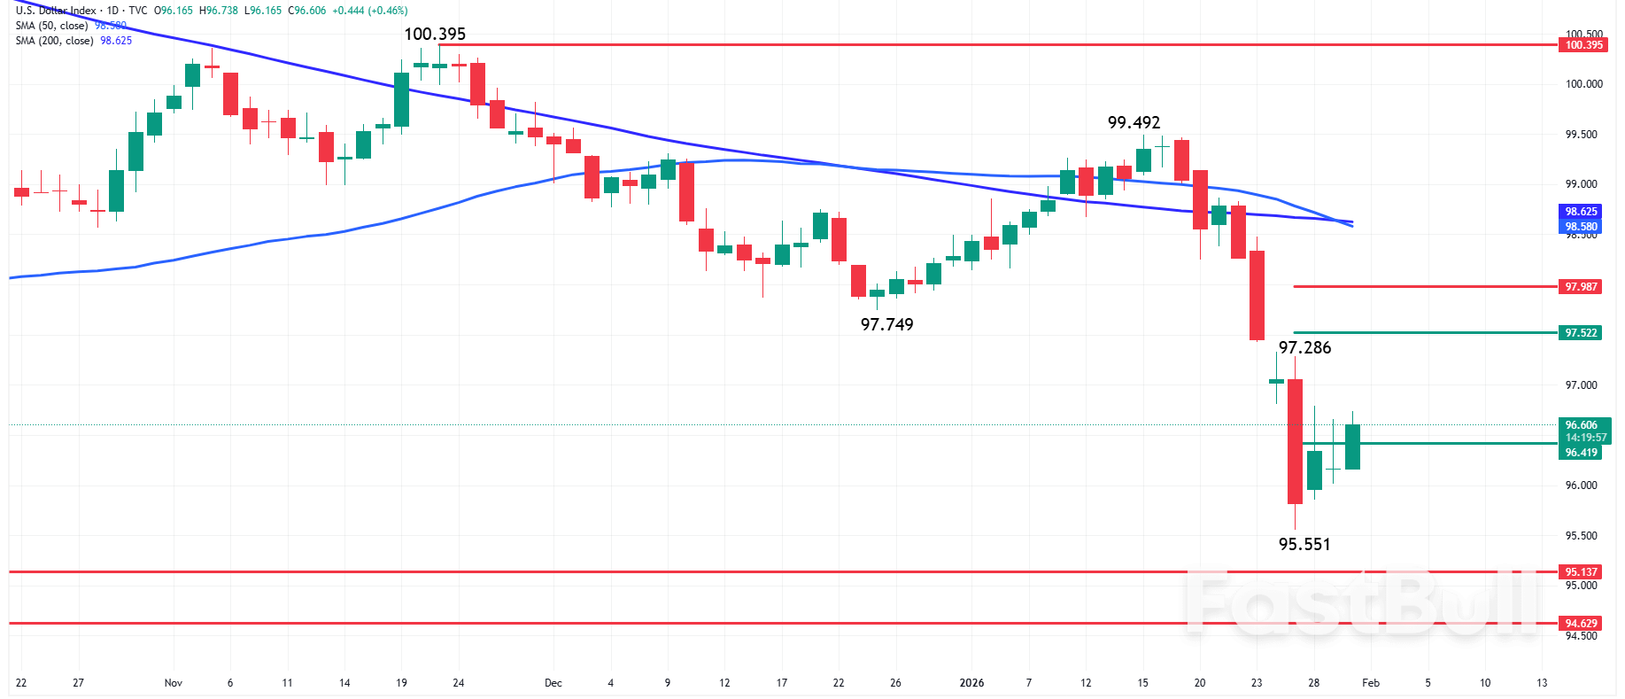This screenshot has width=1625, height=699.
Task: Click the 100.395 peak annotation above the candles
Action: [434, 35]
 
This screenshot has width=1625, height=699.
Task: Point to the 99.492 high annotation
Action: [1134, 123]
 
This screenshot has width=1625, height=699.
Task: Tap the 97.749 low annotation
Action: [886, 324]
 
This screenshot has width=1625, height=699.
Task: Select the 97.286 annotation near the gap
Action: [1304, 347]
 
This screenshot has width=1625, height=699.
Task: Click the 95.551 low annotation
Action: [1304, 544]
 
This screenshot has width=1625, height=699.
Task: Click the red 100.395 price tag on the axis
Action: [1583, 45]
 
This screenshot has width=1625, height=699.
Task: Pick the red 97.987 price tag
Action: [1581, 287]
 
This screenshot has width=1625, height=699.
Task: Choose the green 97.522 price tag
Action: [1581, 333]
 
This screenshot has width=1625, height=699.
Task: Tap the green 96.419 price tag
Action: [1581, 453]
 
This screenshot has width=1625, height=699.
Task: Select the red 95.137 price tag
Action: [1581, 572]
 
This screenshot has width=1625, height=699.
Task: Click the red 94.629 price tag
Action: [1581, 624]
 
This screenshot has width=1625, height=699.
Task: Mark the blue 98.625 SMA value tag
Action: [1581, 212]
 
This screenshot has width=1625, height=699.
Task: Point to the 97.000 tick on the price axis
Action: [1582, 385]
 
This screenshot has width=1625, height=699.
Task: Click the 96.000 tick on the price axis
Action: [1582, 485]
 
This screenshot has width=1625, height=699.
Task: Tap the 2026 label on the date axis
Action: [971, 683]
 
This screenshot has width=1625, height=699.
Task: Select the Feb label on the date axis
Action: [1370, 683]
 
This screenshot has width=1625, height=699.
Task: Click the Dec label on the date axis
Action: [553, 683]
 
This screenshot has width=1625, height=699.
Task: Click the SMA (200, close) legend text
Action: [54, 41]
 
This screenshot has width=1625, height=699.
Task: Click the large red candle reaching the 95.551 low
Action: [1295, 441]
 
